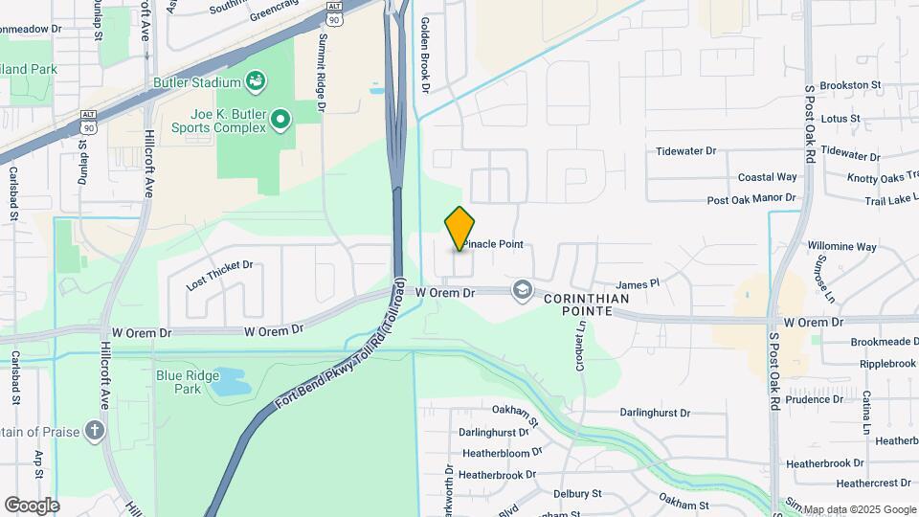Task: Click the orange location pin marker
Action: pos(459,228)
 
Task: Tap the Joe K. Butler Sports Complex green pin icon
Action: pos(280,120)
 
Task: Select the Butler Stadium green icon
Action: pos(256,80)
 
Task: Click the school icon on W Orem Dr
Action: pos(522,289)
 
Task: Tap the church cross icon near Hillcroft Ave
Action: pos(94,430)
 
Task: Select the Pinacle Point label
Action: pos(494,244)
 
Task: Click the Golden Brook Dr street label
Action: pos(426,57)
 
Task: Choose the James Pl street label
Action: pos(639,284)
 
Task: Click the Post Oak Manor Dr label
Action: pos(751,199)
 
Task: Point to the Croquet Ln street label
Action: pos(581,341)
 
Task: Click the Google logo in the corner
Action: pos(32,505)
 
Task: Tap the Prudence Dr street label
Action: pos(814,399)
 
